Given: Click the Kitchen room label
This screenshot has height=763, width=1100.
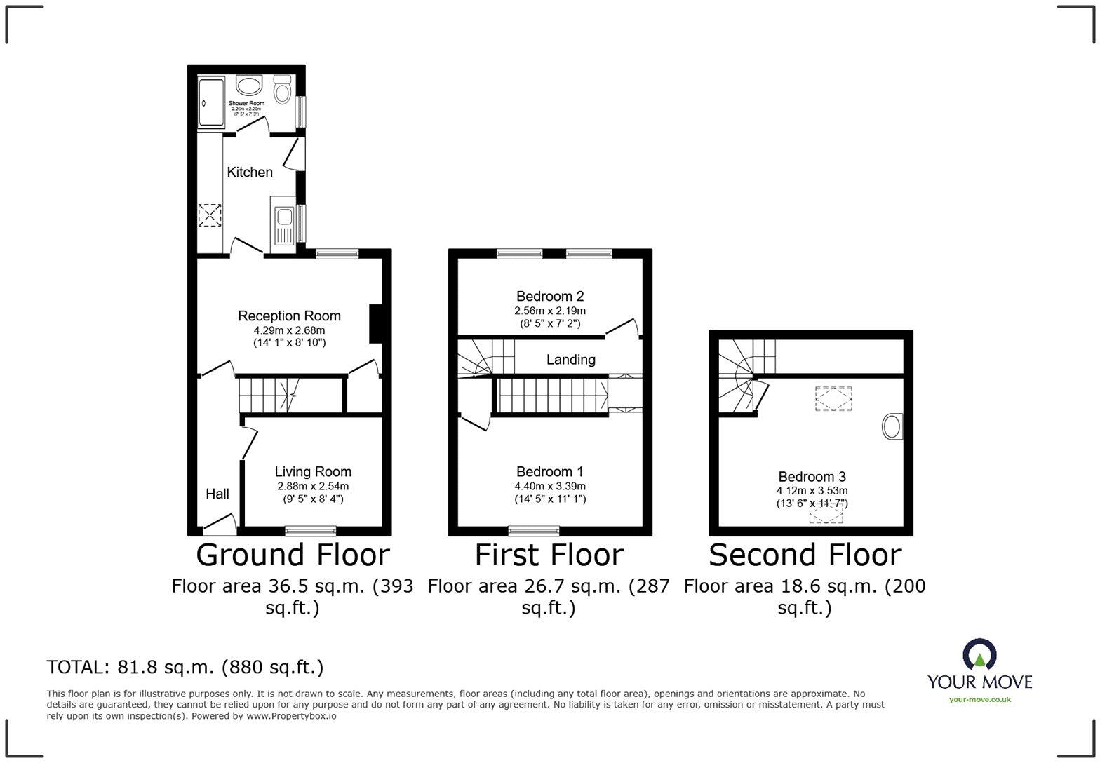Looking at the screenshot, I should pos(250,172).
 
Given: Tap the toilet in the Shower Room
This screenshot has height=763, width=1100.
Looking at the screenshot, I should pos(283,90).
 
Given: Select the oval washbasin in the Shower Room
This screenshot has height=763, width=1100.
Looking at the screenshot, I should pos(248,86).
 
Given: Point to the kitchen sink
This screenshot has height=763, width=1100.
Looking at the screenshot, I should pos(284,226).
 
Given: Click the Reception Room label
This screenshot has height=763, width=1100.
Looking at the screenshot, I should pos(289,316).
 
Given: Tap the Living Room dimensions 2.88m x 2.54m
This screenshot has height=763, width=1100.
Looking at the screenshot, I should pos(312,486).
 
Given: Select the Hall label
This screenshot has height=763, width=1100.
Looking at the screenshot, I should pos(217,494).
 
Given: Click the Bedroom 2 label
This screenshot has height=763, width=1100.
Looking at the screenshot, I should pos(550,296).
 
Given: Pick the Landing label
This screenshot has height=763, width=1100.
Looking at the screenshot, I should pos(571,360).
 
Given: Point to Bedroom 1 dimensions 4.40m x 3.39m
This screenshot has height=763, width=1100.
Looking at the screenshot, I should pos(550,486).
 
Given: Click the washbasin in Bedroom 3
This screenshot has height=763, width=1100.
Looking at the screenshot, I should pos(892,426).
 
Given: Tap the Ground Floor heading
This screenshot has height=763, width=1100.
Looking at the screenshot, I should pos(293,555).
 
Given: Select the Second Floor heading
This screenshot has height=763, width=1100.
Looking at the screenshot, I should pos(805,555).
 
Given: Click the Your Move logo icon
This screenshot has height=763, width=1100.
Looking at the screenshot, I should pos(979,654).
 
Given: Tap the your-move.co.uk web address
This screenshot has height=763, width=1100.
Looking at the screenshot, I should pos(979,699).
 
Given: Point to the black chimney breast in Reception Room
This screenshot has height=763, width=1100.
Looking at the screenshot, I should pos(376,324).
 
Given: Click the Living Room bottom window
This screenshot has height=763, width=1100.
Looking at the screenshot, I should pos(310,530).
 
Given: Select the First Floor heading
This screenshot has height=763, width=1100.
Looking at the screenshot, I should pos(549,555).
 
